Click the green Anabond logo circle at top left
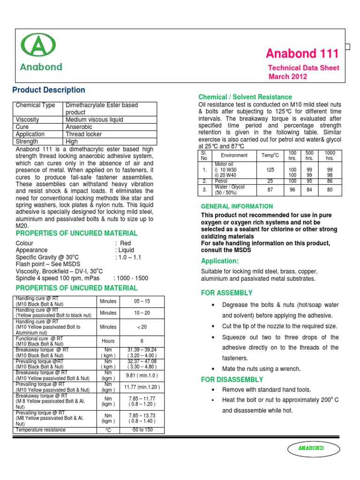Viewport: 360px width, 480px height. (x=38, y=46)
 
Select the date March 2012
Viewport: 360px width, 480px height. (x=287, y=76)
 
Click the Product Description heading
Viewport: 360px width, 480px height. (x=49, y=90)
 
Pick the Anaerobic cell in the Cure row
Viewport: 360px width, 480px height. (x=79, y=127)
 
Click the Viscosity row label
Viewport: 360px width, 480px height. (x=27, y=120)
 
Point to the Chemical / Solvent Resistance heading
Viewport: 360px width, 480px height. (x=245, y=97)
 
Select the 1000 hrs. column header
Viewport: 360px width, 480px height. (x=330, y=156)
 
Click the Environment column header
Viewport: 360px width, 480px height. (x=234, y=156)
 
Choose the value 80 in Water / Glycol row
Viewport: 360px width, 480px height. (x=330, y=190)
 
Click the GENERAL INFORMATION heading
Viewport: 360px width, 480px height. (x=237, y=206)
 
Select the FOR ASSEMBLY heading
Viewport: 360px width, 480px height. (x=226, y=293)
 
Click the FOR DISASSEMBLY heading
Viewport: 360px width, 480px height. (x=232, y=380)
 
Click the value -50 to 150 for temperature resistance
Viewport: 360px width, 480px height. (x=142, y=430)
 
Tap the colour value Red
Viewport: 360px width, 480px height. (x=126, y=243)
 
